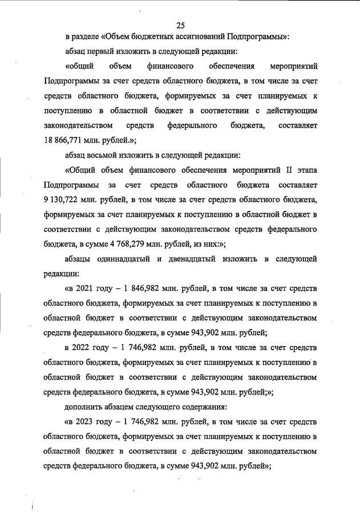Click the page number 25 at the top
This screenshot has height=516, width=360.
(180, 25)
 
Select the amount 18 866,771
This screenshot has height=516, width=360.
(66, 139)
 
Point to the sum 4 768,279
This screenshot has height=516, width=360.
(140, 243)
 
